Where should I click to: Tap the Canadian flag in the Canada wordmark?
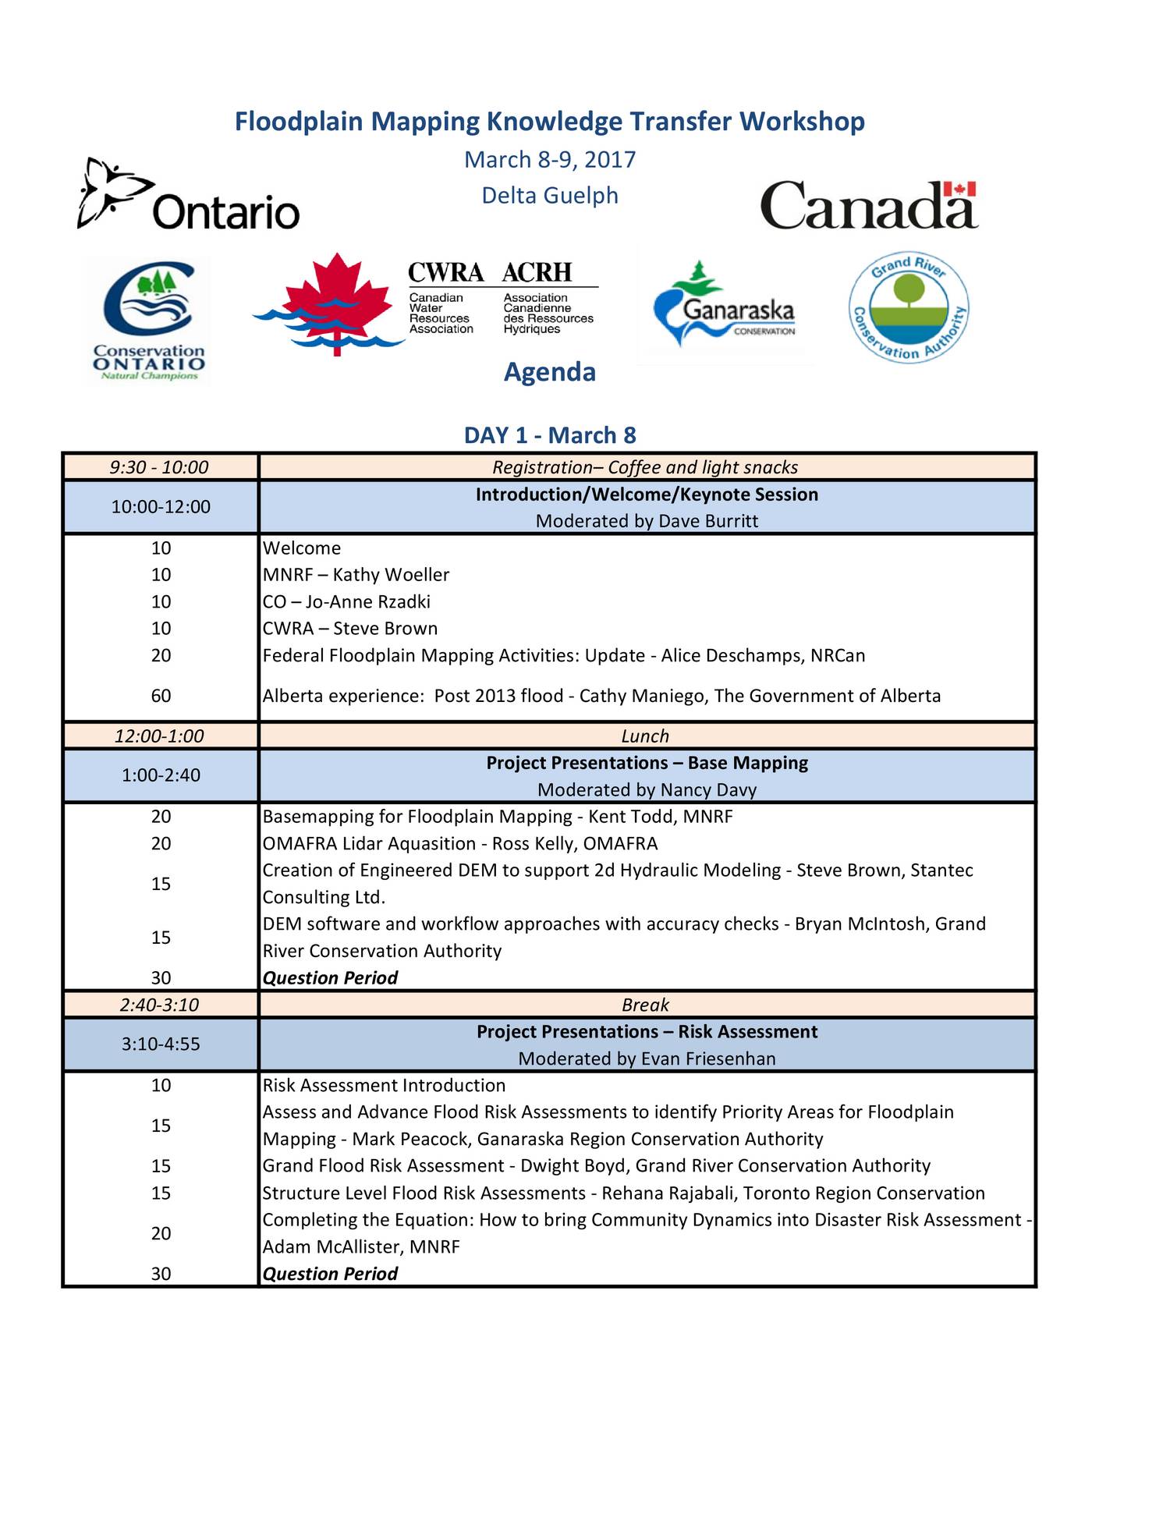pyautogui.click(x=959, y=190)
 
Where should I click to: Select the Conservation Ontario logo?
pyautogui.click(x=148, y=321)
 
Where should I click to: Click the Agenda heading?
pyautogui.click(x=549, y=372)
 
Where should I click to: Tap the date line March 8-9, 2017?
pyautogui.click(x=549, y=160)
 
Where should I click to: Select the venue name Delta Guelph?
pyautogui.click(x=549, y=195)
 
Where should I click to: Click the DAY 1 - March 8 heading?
pyautogui.click(x=549, y=435)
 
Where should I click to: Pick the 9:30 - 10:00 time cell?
pyautogui.click(x=160, y=467)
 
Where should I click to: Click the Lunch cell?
pyautogui.click(x=645, y=736)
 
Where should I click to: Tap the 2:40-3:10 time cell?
pyautogui.click(x=160, y=1005)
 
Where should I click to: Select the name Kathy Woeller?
pyautogui.click(x=391, y=575)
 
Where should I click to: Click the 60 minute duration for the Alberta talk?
pyautogui.click(x=161, y=696)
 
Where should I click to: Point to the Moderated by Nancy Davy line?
pyautogui.click(x=647, y=790)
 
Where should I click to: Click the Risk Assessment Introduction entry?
pyautogui.click(x=384, y=1086)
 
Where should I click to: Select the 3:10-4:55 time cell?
pyautogui.click(x=161, y=1044)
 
